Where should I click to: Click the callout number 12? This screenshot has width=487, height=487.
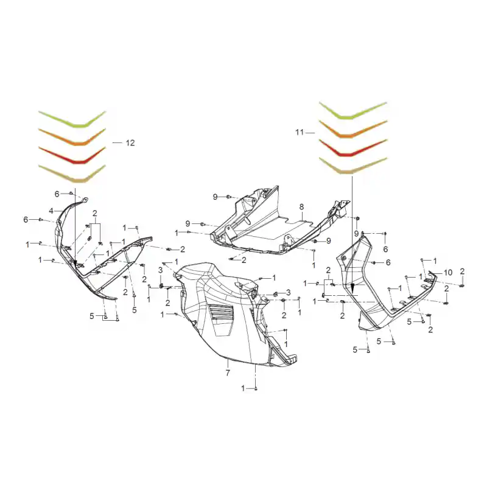click(x=130, y=143)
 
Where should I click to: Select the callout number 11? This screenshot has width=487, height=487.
click(x=300, y=133)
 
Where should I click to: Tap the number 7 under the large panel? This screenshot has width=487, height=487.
click(x=228, y=373)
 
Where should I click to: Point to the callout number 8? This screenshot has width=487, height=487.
click(x=301, y=207)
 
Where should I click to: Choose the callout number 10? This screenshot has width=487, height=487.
click(x=448, y=273)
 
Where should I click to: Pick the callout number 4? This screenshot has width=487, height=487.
click(x=51, y=211)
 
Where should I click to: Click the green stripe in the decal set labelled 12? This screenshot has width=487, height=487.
click(x=72, y=120)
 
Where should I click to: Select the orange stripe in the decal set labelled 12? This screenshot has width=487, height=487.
click(x=72, y=138)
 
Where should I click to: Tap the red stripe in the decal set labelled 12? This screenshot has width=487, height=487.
click(x=72, y=155)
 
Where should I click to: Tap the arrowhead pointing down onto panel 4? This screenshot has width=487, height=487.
click(x=75, y=265)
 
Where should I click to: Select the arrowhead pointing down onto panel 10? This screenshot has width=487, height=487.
click(x=352, y=287)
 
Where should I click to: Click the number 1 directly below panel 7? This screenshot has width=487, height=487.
click(x=243, y=388)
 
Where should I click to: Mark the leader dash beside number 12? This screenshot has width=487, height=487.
click(x=117, y=143)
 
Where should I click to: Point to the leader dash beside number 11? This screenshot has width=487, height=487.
click(x=310, y=133)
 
